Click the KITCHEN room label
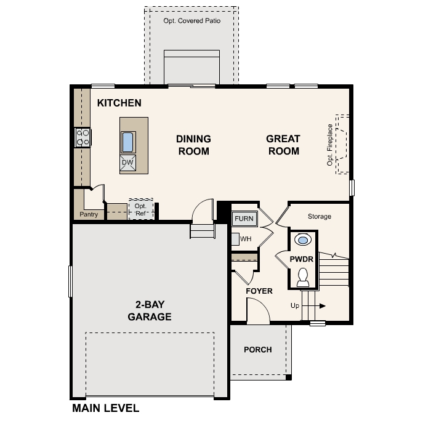pos(119,103)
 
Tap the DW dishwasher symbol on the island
pos(127,163)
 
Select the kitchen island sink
pos(127,142)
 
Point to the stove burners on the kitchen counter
pos(82,137)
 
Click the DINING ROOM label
pos(193,145)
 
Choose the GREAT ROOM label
pos(283,145)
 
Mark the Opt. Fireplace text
pos(330,145)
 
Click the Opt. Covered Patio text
pos(191,21)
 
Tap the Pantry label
pos(89,215)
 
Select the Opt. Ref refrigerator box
pos(140,209)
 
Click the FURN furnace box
pos(243,218)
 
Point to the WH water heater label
pos(245,238)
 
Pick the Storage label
pos(319,217)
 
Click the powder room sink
pos(303,240)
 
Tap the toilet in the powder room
pos(303,277)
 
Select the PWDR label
pos(302,259)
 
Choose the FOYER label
pos(259,291)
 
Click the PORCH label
pos(257,350)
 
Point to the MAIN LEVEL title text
pos(105,408)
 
